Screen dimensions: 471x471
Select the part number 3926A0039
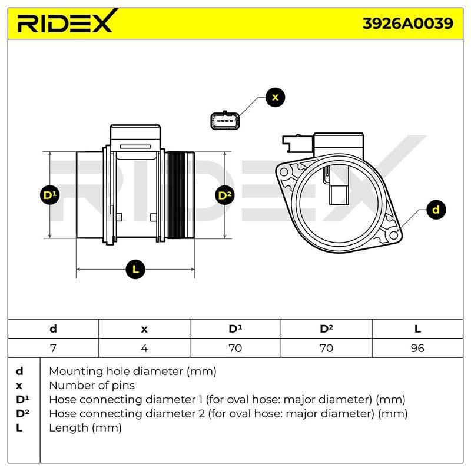coord(408,24)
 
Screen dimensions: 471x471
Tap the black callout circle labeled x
coord(275,97)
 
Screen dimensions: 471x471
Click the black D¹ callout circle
coord(49,195)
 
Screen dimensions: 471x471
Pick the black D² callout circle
coord(225,195)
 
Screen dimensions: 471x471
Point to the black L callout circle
coord(135,269)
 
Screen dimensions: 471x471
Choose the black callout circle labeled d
coord(436,210)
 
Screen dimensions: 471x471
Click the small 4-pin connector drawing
coord(225,120)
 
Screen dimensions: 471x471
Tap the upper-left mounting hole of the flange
coord(284,173)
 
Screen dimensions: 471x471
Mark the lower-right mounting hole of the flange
coord(393,235)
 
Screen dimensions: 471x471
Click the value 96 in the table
coord(417,348)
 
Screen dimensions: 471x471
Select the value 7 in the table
coord(53,348)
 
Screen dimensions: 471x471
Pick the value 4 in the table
coord(144,348)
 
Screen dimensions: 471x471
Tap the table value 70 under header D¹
coord(235,348)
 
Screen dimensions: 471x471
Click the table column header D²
coord(327,329)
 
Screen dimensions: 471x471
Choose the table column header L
coord(417,329)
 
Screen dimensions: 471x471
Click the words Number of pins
coord(92,386)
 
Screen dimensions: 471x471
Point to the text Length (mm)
coord(85,428)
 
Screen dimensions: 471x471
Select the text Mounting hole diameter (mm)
coord(133,372)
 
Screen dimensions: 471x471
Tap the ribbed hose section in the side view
coord(177,195)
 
